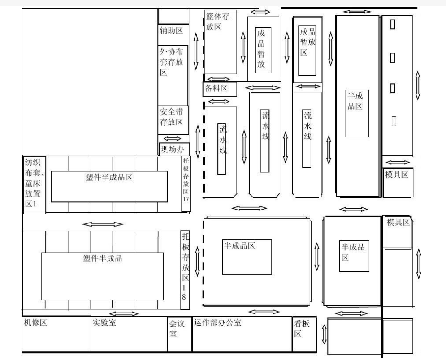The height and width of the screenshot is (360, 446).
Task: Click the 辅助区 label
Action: point(171,30)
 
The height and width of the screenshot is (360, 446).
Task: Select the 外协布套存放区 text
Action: point(172,62)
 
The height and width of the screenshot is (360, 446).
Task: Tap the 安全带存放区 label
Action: point(172,117)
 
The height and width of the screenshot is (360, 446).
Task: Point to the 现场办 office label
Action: point(173,149)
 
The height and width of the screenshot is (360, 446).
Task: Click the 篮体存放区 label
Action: point(217,21)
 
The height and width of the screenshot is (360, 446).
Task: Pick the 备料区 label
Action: point(216,88)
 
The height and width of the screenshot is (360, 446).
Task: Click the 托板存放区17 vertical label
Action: point(186,180)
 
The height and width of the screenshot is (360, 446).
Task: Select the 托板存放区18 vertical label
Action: point(186,266)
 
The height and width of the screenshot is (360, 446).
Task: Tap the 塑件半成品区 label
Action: point(109,177)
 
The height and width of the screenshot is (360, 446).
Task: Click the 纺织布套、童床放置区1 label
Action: point(33,183)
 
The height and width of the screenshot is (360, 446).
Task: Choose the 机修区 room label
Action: point(35,322)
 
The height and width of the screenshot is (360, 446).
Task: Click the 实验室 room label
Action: point(104,322)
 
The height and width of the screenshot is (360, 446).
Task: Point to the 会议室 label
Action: point(177,329)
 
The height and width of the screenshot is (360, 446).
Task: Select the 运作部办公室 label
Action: point(217,322)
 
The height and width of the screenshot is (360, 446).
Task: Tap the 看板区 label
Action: point(302,329)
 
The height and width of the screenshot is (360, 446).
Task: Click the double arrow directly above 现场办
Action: point(173,139)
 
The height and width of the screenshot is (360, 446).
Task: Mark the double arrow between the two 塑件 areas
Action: point(103,224)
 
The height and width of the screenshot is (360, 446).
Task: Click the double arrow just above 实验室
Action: point(124,314)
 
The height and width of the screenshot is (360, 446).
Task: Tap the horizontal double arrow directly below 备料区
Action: point(219,102)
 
